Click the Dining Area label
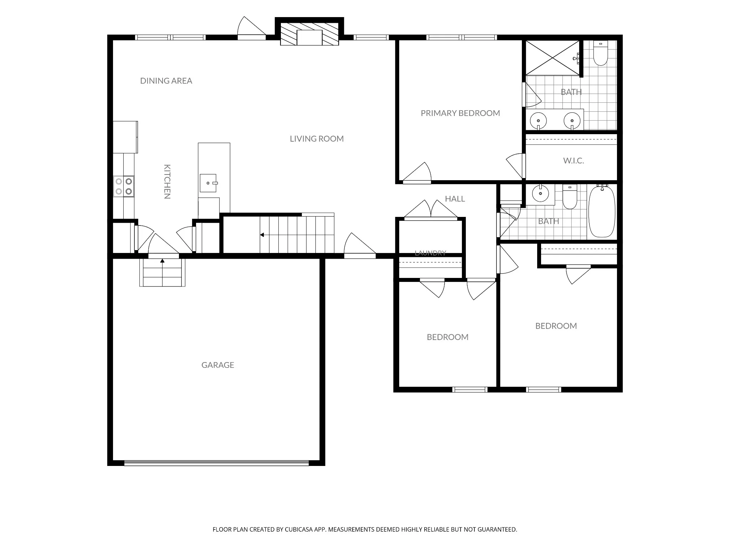point(166,81)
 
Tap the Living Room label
point(317,139)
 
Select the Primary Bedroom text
point(460,113)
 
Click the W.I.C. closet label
point(574,161)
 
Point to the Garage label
point(218,365)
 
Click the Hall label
point(455,199)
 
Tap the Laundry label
point(430,253)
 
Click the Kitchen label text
point(167,181)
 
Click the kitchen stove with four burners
point(124,186)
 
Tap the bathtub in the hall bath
point(602,211)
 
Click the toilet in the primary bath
point(601,54)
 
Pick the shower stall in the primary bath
point(552,58)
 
